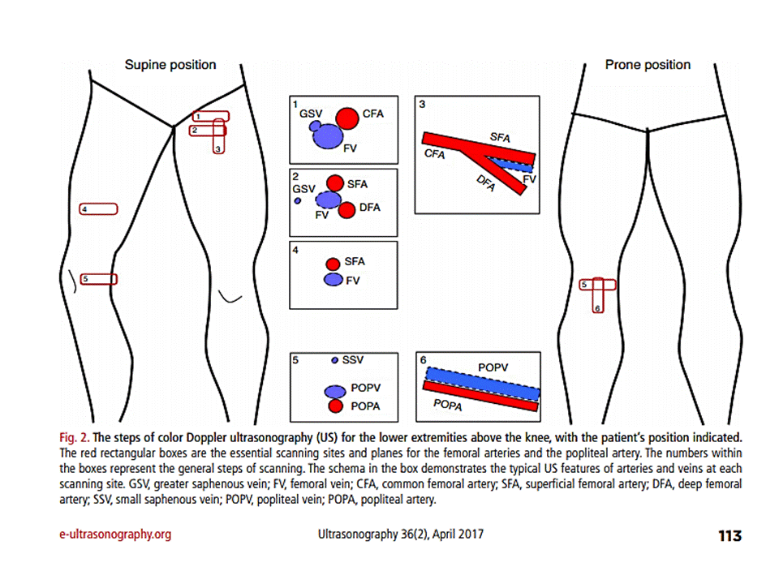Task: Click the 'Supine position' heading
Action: point(170,65)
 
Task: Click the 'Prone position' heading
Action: point(648,65)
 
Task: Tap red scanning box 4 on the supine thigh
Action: point(98,209)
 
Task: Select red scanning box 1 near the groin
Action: point(210,117)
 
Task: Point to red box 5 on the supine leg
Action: point(98,279)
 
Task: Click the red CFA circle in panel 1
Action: point(347,118)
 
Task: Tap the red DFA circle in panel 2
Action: point(347,211)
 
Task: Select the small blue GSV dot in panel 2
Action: point(298,200)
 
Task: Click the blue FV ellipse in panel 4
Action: point(333,280)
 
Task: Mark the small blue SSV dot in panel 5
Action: point(334,359)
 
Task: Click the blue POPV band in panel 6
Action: point(482,381)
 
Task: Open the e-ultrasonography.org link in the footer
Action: point(114,535)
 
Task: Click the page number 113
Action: point(730,535)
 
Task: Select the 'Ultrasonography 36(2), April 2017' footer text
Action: point(400,535)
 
